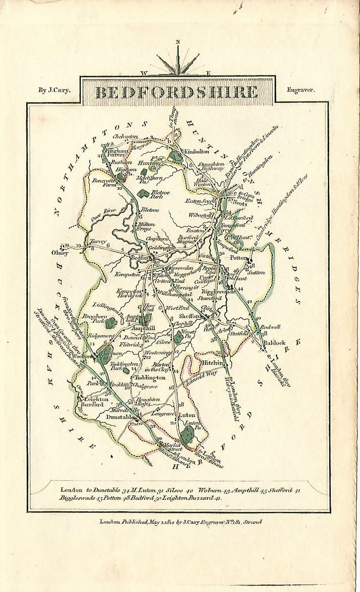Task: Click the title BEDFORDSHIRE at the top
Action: click(177, 92)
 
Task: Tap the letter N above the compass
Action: click(178, 42)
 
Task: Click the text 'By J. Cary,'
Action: click(55, 89)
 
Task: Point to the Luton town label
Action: click(187, 415)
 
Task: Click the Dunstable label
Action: click(119, 416)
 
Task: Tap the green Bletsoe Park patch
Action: click(144, 193)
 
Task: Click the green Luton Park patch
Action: click(188, 434)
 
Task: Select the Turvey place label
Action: click(97, 242)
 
